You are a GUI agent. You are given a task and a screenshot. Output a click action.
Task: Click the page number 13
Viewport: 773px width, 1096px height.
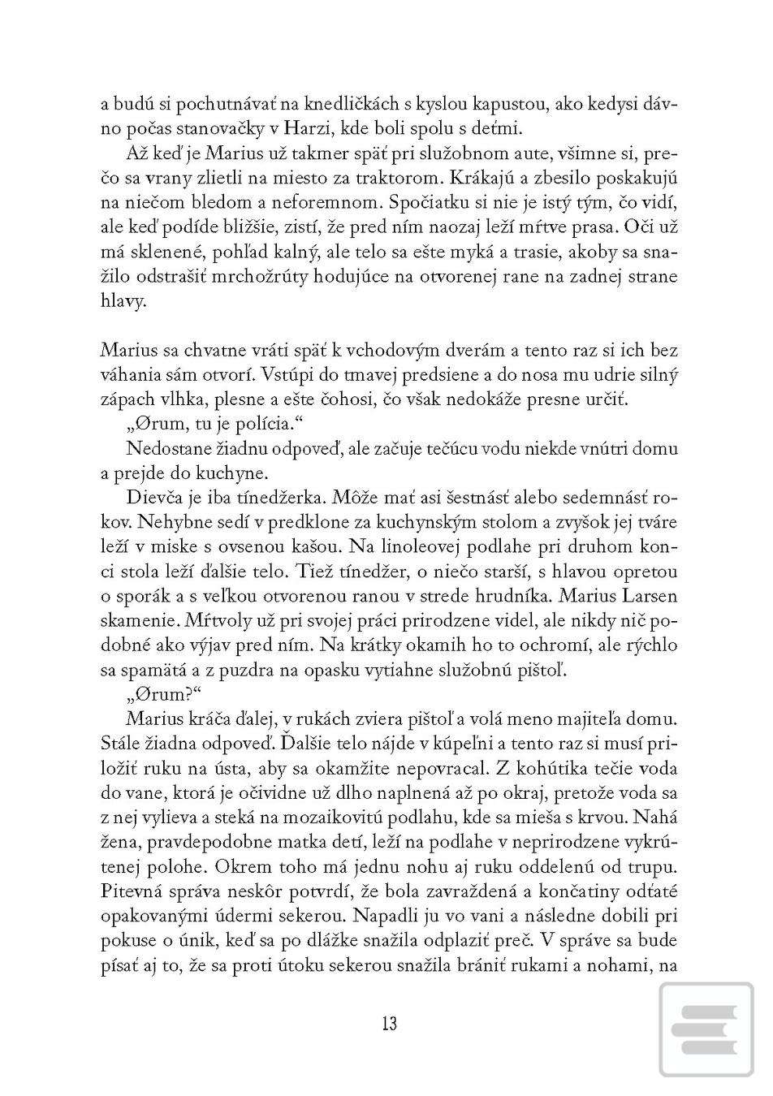pyautogui.click(x=388, y=1023)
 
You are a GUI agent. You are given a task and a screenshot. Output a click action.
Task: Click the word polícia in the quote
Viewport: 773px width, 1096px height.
pyautogui.click(x=277, y=423)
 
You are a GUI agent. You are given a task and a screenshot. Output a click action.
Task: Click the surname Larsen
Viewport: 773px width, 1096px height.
pyautogui.click(x=648, y=596)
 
